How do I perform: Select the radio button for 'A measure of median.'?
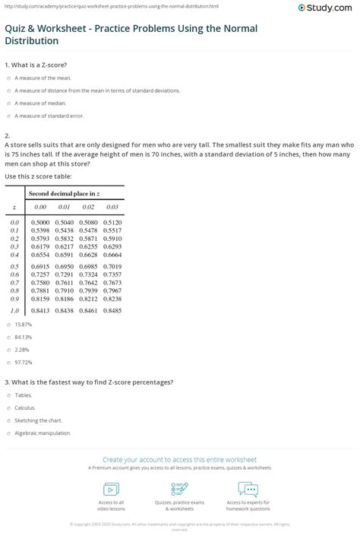7,103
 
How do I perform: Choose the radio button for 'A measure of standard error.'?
7,116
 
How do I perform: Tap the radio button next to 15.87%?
7,324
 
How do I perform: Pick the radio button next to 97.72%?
7,362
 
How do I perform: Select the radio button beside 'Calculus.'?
7,407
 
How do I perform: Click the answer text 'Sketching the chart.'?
37,420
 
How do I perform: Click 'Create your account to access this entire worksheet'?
180,460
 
